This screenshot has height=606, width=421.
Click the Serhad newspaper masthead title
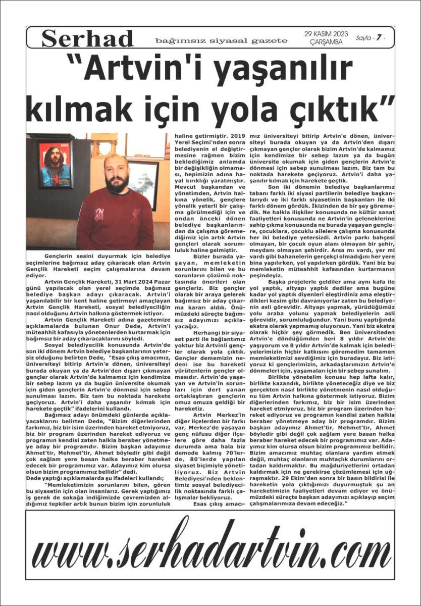pyautogui.click(x=87, y=39)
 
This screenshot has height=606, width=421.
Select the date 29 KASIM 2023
pyautogui.click(x=326, y=34)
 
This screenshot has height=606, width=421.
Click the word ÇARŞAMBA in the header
pyautogui.click(x=326, y=42)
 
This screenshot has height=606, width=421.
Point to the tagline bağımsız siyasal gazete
pyautogui.click(x=221, y=40)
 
